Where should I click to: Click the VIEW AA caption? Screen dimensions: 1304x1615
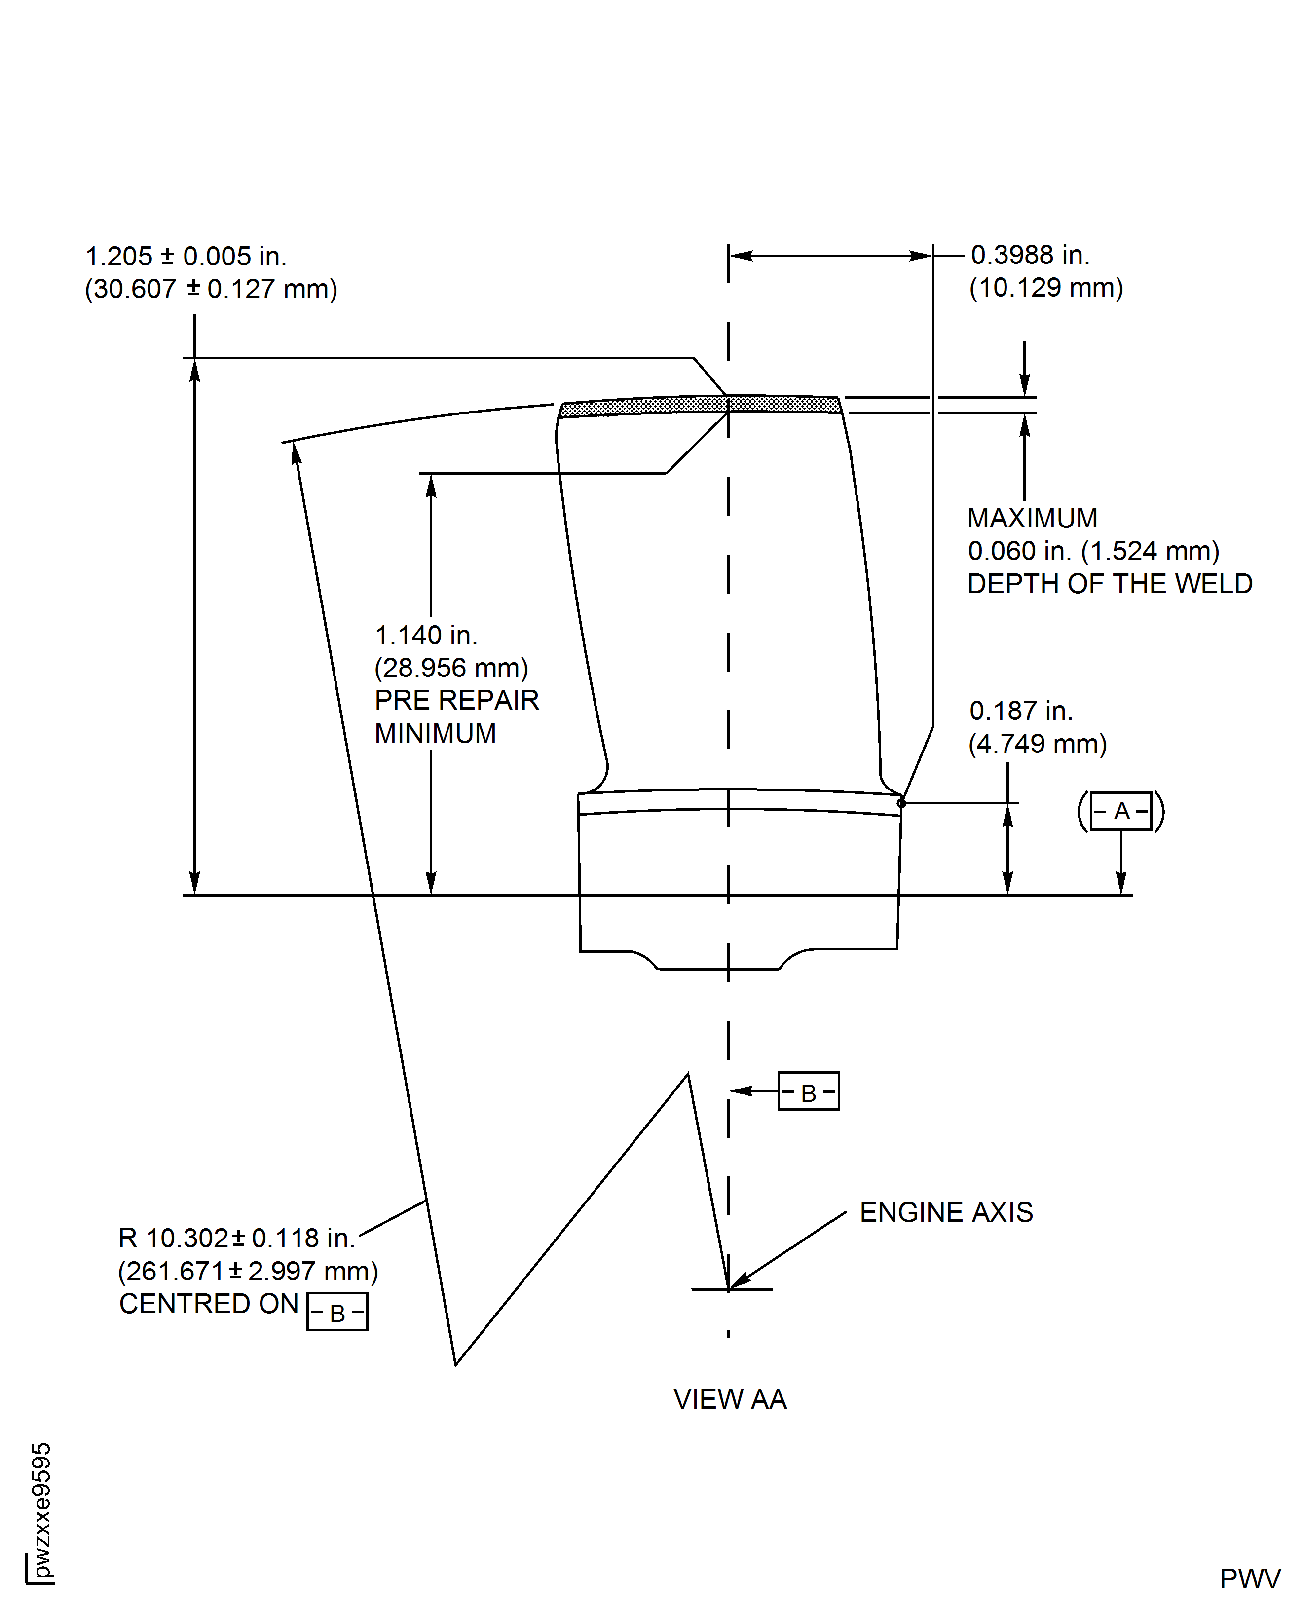pyautogui.click(x=730, y=1399)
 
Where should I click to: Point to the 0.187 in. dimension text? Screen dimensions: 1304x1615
pyautogui.click(x=1021, y=711)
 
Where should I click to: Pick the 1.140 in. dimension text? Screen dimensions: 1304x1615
pyautogui.click(x=426, y=636)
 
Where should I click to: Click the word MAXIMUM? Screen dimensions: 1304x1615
pyautogui.click(x=1032, y=518)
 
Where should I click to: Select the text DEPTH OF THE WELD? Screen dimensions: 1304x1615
pyautogui.click(x=1110, y=584)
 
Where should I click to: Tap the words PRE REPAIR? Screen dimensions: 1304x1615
pyautogui.click(x=457, y=700)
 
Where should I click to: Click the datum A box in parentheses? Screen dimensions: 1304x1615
pyautogui.click(x=1121, y=811)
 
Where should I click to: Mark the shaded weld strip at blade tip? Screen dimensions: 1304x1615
pyautogui.click(x=701, y=406)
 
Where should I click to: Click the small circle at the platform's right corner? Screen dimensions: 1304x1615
pyautogui.click(x=901, y=803)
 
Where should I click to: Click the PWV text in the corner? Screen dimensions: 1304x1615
pyautogui.click(x=1250, y=1579)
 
